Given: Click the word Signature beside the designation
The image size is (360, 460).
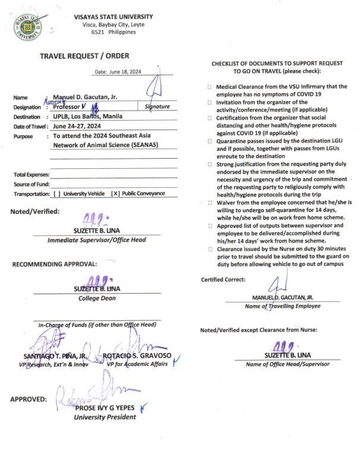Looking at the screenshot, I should (157, 107).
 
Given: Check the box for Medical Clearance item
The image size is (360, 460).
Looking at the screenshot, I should (209, 87).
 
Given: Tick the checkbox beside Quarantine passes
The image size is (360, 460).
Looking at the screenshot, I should (209, 141).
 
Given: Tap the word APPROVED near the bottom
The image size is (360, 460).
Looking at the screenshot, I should (29, 399).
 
